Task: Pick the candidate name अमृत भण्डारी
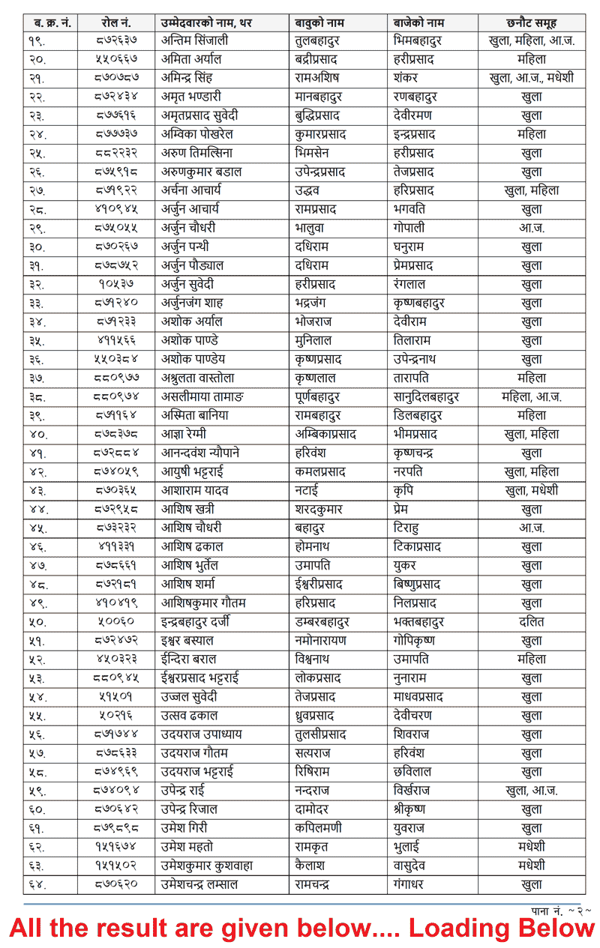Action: (191, 97)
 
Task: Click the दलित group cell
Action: (532, 622)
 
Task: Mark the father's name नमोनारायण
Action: (323, 641)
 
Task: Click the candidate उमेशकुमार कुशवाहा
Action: (207, 866)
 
